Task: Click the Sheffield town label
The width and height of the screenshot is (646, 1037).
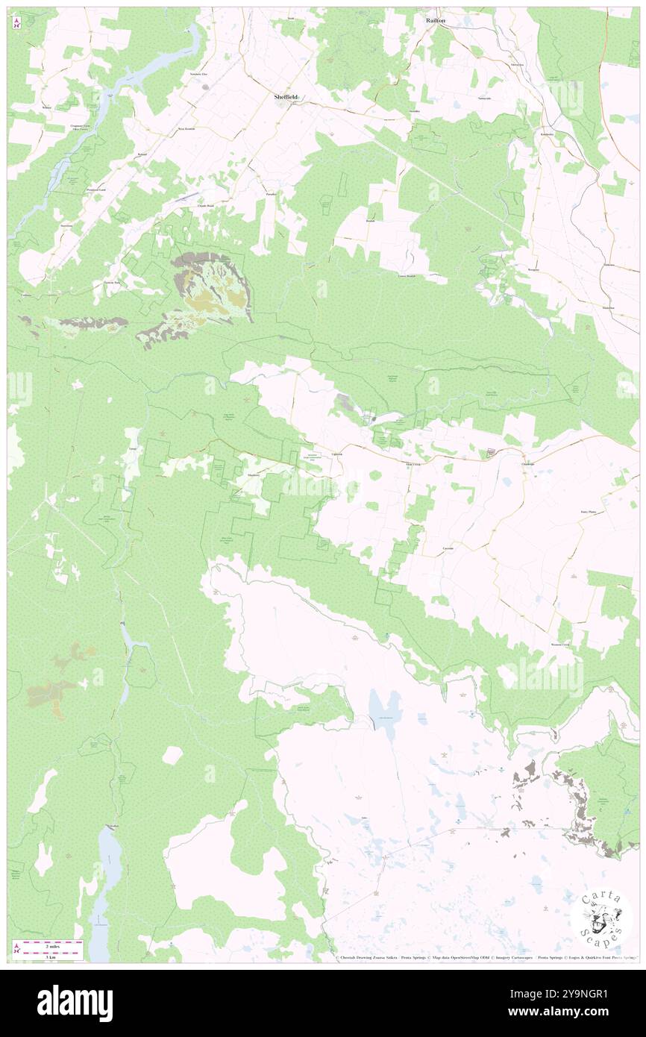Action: (287, 98)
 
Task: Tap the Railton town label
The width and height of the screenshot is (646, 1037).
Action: (436, 22)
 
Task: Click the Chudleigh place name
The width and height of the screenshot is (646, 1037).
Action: (529, 463)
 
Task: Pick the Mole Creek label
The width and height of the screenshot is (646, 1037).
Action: (413, 463)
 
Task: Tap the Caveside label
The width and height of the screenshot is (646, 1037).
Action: (448, 548)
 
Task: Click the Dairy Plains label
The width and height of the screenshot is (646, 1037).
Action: (589, 512)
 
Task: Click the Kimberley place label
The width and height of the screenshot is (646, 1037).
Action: (547, 134)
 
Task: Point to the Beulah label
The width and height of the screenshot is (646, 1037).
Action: (369, 222)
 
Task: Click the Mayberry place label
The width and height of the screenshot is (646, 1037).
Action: (254, 474)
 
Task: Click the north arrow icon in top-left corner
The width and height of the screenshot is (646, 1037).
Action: (16, 23)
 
